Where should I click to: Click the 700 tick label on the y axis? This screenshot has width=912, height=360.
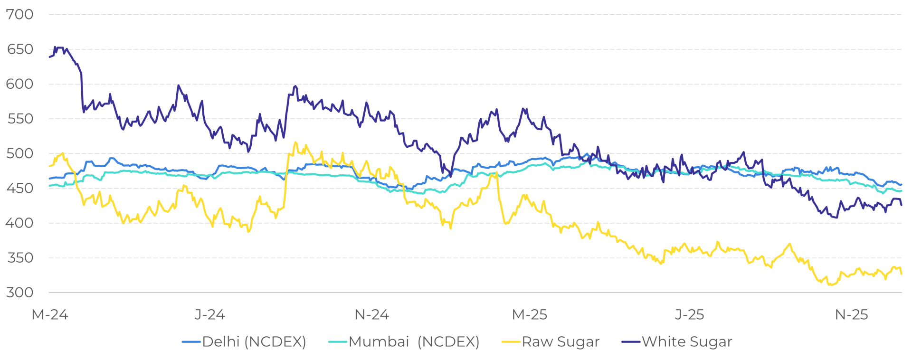pyautogui.click(x=20, y=14)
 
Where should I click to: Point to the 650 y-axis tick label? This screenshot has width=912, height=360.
pyautogui.click(x=20, y=49)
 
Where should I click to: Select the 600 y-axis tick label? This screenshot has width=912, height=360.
pyautogui.click(x=20, y=84)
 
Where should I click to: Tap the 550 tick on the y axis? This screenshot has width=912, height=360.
pyautogui.click(x=20, y=119)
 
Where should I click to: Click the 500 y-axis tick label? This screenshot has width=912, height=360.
pyautogui.click(x=20, y=153)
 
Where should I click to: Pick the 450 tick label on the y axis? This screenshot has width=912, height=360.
pyautogui.click(x=20, y=188)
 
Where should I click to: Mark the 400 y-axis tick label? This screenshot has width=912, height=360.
pyautogui.click(x=20, y=223)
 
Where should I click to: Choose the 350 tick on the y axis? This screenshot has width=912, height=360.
pyautogui.click(x=20, y=258)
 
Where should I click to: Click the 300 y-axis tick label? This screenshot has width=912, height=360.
pyautogui.click(x=20, y=293)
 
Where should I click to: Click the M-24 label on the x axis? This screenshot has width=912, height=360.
pyautogui.click(x=50, y=314)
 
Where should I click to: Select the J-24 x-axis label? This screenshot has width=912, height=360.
pyautogui.click(x=209, y=314)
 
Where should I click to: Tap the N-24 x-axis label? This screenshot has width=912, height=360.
pyautogui.click(x=372, y=314)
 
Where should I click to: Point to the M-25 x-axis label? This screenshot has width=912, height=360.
pyautogui.click(x=530, y=314)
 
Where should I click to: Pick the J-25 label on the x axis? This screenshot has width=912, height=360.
pyautogui.click(x=690, y=314)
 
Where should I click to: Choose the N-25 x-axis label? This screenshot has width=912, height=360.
pyautogui.click(x=852, y=314)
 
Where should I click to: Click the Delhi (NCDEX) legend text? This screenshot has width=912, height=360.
pyautogui.click(x=254, y=342)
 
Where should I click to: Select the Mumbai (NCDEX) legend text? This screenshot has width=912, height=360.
pyautogui.click(x=414, y=342)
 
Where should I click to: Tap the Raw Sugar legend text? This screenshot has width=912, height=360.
pyautogui.click(x=560, y=342)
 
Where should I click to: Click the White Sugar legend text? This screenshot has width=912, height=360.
pyautogui.click(x=687, y=342)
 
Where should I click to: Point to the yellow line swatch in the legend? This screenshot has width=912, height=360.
pyautogui.click(x=511, y=342)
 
